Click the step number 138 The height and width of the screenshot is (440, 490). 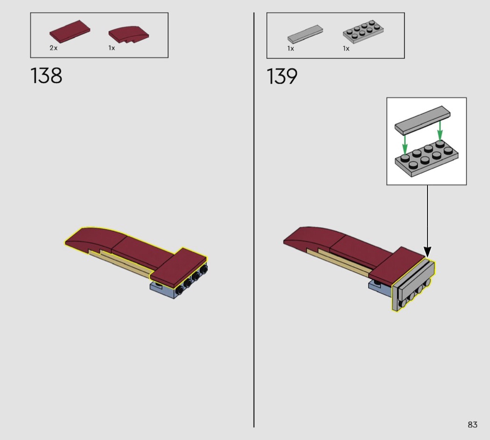point(46,76)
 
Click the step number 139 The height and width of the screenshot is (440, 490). point(282,76)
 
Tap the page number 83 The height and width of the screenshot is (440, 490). point(472,425)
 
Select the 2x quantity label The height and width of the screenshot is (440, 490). point(54,48)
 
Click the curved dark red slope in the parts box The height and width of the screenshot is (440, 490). point(129,34)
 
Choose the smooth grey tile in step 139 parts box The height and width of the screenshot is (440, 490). point(305,34)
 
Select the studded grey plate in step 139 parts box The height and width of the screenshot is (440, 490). point(364,31)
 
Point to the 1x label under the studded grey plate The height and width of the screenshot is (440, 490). point(346,49)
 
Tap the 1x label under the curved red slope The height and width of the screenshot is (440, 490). point(112,48)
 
